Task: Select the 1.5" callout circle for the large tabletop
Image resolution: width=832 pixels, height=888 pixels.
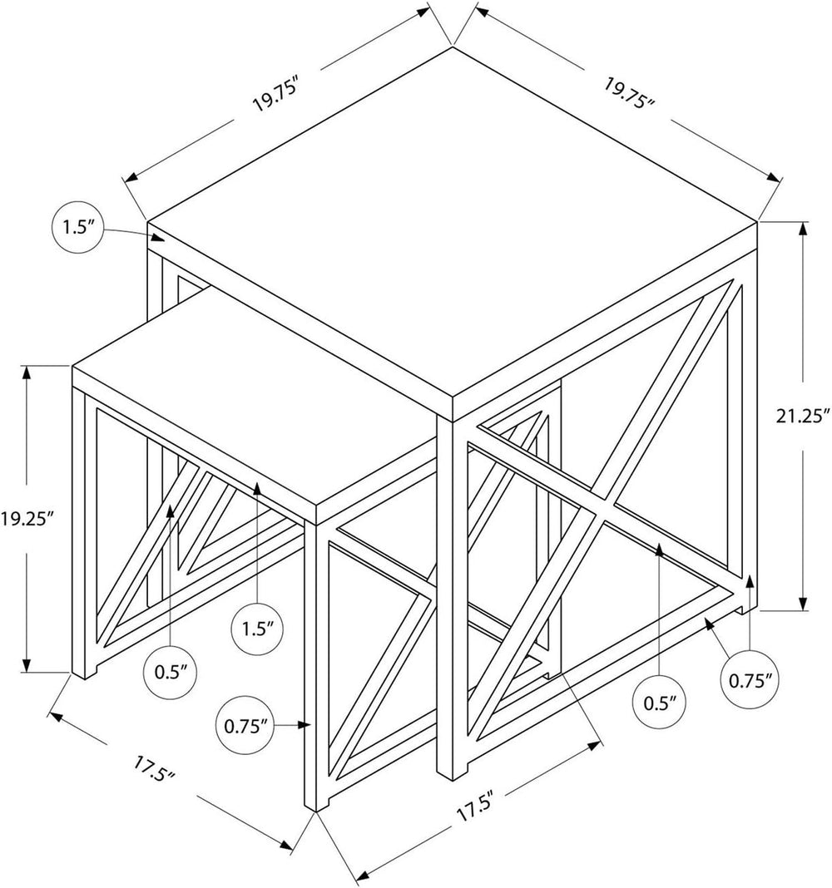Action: [x=78, y=228]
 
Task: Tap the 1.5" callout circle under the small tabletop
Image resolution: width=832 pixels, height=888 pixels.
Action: [x=259, y=629]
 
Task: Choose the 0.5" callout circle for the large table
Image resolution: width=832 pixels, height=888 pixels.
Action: [x=660, y=703]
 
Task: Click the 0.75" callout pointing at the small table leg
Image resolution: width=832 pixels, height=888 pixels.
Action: [x=245, y=726]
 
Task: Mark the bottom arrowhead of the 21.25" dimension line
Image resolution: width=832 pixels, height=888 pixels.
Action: [x=803, y=603]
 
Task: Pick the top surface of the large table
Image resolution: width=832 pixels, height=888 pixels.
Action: [x=453, y=221]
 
